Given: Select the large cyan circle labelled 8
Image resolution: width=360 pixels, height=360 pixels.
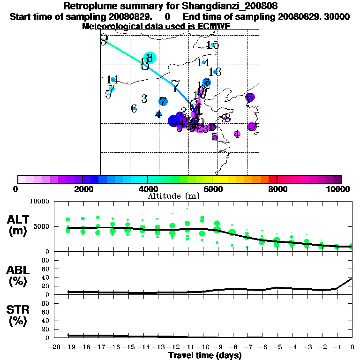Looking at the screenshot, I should [x=150, y=58].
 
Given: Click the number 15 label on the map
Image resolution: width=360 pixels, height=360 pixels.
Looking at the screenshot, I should [x=213, y=45].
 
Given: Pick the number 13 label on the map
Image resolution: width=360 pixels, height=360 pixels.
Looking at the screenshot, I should [x=216, y=72].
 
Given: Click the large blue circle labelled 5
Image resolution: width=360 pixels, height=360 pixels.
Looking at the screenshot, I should [x=174, y=121].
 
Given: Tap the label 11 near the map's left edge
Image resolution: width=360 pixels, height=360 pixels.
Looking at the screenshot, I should [x=112, y=80].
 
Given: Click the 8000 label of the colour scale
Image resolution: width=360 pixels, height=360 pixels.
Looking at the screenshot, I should [x=277, y=189].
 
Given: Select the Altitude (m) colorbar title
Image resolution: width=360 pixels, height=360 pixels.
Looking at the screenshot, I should [x=174, y=196].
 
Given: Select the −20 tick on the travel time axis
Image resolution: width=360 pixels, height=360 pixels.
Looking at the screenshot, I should [x=54, y=347].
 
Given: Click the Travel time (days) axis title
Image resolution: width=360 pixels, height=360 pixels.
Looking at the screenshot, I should [x=205, y=355].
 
